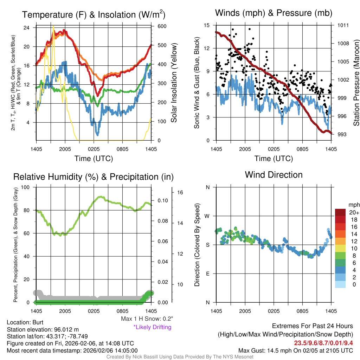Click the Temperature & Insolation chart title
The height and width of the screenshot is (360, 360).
point(94,15)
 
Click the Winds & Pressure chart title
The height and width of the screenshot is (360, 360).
point(274,13)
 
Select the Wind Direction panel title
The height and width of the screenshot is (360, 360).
point(274,175)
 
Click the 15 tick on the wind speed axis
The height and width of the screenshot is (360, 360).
point(206,25)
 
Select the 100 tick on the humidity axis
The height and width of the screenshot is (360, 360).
point(26,187)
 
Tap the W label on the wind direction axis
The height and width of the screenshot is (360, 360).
point(207,216)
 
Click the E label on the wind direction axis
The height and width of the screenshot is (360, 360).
point(208,274)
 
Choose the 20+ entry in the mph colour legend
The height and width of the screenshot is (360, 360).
point(354,212)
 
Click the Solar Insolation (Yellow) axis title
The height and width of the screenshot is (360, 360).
point(174,83)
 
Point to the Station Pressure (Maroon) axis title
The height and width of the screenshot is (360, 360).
point(356,80)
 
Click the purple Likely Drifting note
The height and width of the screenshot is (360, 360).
point(152,327)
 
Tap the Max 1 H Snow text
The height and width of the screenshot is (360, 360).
point(147,319)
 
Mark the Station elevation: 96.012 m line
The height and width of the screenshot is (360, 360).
point(43,329)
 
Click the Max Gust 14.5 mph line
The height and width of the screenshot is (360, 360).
point(295,350)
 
